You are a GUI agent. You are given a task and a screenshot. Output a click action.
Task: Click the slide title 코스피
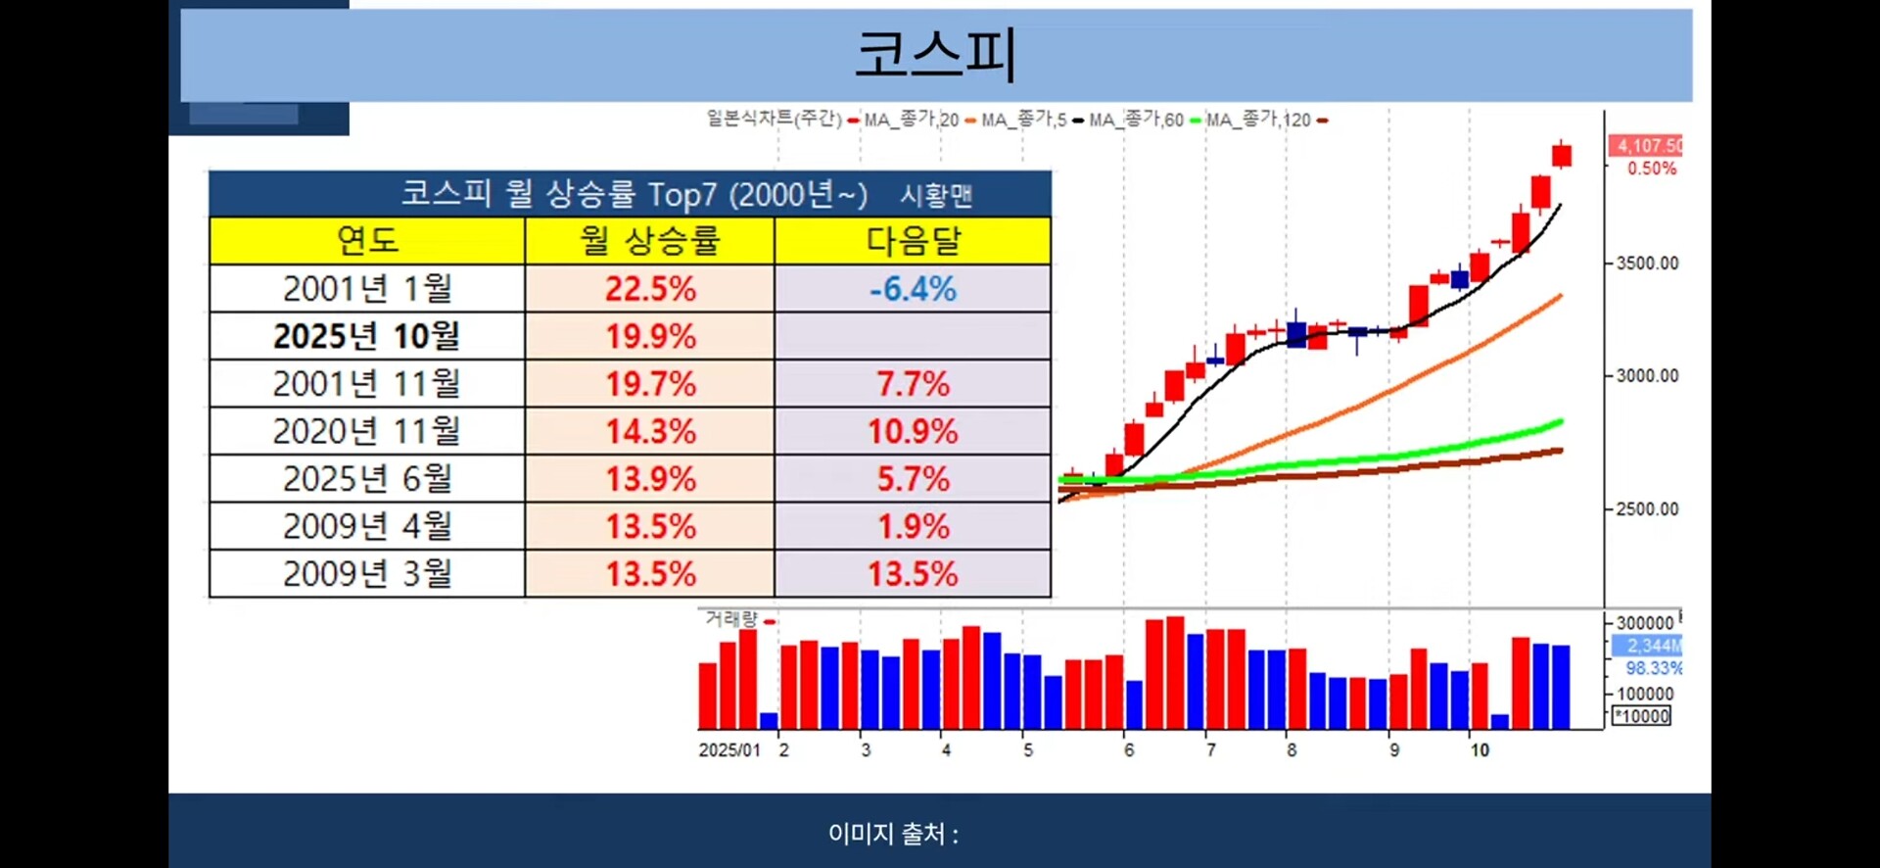[935, 54]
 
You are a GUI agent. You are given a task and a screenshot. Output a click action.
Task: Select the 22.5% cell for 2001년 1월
[650, 289]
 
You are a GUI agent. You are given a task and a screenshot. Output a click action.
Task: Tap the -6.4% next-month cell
[913, 289]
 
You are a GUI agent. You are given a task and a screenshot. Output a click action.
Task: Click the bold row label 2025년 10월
[366, 336]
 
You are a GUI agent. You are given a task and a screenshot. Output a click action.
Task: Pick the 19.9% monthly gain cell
[650, 336]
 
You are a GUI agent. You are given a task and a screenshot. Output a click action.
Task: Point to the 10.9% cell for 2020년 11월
[913, 431]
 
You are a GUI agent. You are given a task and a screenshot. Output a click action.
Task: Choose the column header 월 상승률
[650, 240]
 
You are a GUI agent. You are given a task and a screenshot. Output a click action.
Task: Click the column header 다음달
[913, 240]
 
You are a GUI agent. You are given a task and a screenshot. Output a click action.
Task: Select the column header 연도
[367, 240]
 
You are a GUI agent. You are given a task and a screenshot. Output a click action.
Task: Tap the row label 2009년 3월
[367, 573]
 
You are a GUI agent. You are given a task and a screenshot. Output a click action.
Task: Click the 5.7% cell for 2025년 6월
[913, 479]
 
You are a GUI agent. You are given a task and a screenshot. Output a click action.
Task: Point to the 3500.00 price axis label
[1647, 264]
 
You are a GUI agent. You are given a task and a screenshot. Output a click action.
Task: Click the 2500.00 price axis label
[1647, 509]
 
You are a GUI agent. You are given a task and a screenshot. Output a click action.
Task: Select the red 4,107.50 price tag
[1647, 146]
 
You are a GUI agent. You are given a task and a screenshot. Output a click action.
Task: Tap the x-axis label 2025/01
[728, 750]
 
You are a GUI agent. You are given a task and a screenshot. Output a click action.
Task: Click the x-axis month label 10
[1479, 750]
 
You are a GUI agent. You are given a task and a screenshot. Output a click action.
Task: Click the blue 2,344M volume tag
[1649, 646]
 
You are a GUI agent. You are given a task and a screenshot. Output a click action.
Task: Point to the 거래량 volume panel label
[731, 619]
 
